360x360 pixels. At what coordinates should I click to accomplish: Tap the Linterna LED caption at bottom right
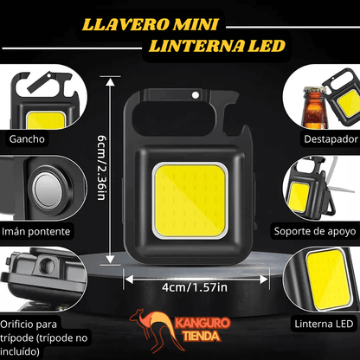click(325, 323)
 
